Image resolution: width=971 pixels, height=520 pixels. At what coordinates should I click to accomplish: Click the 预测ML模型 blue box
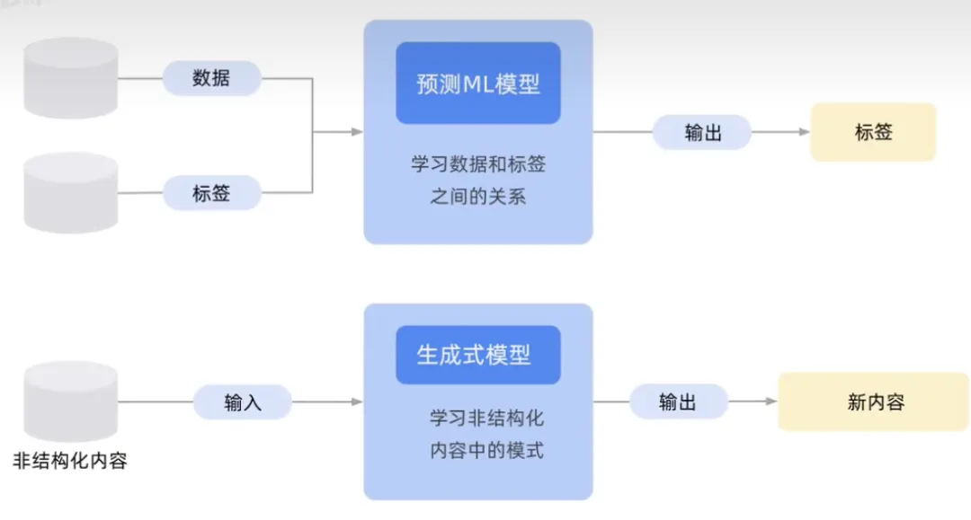[477, 84]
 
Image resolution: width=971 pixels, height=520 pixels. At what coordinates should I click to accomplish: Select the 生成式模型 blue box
[477, 355]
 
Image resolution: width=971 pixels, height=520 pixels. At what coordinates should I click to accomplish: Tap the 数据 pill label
[211, 78]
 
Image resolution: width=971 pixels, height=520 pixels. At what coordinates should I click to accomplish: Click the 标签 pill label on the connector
[211, 193]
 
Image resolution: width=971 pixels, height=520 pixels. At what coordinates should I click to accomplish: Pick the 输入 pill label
[243, 401]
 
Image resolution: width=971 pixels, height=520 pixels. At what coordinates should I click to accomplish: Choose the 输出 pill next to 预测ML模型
[701, 132]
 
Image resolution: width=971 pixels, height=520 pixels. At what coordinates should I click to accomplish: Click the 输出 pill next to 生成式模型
[677, 401]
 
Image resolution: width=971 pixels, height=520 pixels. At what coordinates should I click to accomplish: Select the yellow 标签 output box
[873, 132]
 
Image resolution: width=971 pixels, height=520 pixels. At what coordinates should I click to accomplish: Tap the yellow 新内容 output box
[874, 401]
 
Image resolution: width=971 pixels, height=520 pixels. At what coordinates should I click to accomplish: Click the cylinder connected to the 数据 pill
[72, 78]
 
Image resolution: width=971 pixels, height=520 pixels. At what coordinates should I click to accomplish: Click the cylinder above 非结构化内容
[72, 401]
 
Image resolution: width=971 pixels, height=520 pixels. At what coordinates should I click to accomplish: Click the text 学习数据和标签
[478, 165]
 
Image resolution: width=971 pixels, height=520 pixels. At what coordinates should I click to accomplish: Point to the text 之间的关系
[478, 197]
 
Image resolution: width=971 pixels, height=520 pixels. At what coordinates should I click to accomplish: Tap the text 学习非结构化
[486, 419]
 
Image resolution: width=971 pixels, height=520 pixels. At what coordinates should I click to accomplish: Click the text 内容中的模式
[486, 450]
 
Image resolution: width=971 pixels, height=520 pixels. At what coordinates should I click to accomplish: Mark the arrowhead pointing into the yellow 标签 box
[805, 132]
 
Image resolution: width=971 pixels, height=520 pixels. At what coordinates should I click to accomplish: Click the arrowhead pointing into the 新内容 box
[771, 401]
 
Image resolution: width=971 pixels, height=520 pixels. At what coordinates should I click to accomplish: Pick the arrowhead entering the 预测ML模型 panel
[357, 132]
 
